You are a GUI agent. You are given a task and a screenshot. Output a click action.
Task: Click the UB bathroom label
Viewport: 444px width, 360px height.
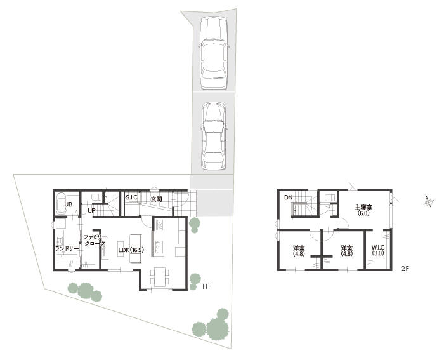click(x=69, y=204)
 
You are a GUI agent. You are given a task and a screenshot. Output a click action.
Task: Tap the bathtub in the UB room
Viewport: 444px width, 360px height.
click(x=61, y=204)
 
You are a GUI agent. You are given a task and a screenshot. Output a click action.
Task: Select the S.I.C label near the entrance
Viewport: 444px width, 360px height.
click(x=132, y=197)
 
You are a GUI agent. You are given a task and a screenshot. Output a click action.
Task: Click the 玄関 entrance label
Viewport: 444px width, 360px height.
click(x=156, y=199)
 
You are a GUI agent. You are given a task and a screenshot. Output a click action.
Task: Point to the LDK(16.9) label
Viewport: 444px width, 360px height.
click(x=131, y=250)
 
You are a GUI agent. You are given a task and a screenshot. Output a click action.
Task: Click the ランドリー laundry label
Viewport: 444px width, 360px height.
click(x=67, y=249)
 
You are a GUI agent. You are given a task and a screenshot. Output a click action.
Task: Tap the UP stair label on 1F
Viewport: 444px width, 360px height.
click(x=91, y=211)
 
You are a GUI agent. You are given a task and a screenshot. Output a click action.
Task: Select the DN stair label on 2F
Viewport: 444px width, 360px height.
click(x=288, y=197)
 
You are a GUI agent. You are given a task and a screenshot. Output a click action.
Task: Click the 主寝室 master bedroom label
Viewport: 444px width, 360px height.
click(x=363, y=210)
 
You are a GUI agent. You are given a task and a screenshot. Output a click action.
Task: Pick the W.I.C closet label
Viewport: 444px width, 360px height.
click(x=378, y=250)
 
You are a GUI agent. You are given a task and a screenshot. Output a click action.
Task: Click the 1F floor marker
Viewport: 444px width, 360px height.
click(x=206, y=286)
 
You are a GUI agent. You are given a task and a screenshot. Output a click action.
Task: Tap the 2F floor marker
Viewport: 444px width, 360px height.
click(x=405, y=269)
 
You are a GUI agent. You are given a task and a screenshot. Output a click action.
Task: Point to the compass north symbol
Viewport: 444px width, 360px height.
click(x=429, y=201)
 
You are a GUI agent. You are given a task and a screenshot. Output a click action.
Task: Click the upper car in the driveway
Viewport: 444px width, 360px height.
click(x=214, y=53)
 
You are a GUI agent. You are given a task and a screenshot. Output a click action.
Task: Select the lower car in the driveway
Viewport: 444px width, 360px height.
click(x=214, y=136)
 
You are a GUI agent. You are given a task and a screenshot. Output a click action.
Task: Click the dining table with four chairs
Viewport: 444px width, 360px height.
click(x=160, y=276)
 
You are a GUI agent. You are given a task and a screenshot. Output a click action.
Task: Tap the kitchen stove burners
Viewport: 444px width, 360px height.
click(x=160, y=225)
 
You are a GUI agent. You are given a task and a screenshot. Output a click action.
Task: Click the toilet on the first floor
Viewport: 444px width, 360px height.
click(x=97, y=197)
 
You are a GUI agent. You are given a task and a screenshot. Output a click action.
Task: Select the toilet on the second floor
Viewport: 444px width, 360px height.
click(x=330, y=197)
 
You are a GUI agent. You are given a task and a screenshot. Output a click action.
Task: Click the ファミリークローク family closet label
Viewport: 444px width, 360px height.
click(x=95, y=241)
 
